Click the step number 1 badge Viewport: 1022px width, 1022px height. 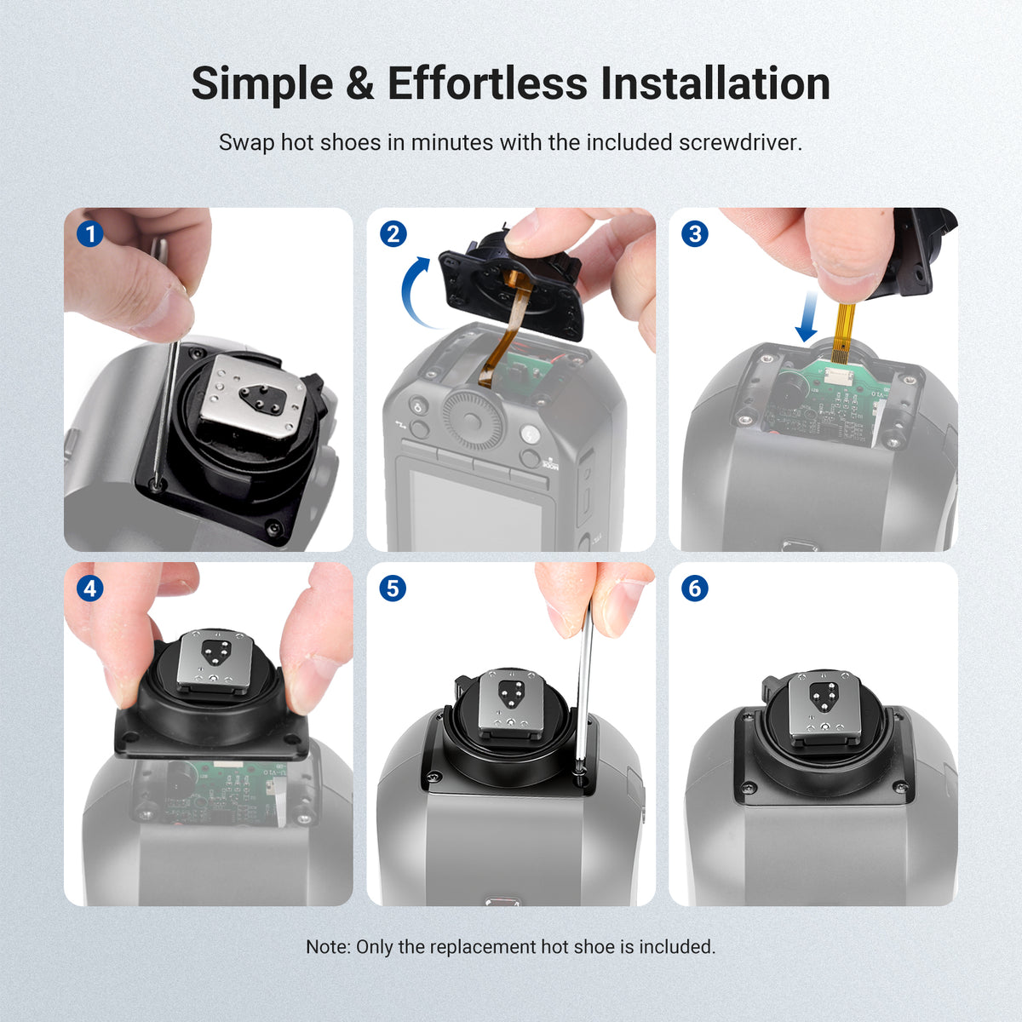pyautogui.click(x=89, y=234)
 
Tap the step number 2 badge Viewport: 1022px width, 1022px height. pyautogui.click(x=393, y=234)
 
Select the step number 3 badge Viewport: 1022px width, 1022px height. pyautogui.click(x=695, y=234)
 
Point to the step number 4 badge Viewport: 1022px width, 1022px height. pyautogui.click(x=89, y=589)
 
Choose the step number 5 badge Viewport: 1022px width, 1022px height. pyautogui.click(x=393, y=589)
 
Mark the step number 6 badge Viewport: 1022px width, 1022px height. pyautogui.click(x=695, y=589)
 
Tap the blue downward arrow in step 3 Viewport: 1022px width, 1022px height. pyautogui.click(x=807, y=316)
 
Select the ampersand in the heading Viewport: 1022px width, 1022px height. pyautogui.click(x=360, y=83)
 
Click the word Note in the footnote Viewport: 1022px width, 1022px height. pyautogui.click(x=328, y=947)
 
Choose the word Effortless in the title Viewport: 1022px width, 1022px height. pyautogui.click(x=487, y=83)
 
